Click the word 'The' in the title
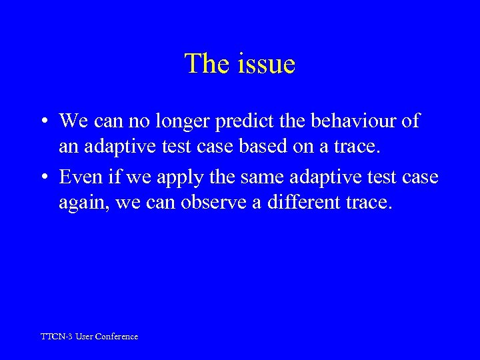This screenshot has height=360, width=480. pyautogui.click(x=206, y=64)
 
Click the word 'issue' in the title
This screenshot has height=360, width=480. pyautogui.click(x=265, y=64)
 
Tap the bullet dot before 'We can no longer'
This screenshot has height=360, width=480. pyautogui.click(x=42, y=121)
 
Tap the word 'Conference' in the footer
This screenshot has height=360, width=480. pyautogui.click(x=116, y=337)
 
